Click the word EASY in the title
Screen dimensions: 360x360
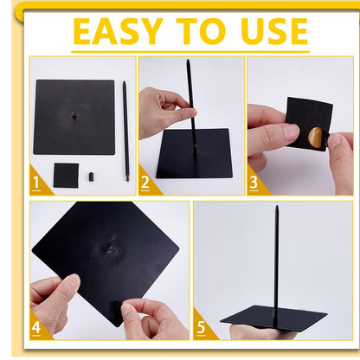click(119, 31)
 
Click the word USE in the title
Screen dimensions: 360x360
click(274, 31)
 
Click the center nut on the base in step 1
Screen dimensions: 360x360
click(74, 116)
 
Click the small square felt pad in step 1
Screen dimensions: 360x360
click(66, 176)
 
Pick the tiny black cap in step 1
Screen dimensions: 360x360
click(91, 177)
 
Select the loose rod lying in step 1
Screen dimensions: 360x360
click(125, 131)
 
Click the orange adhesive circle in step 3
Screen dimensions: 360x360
click(316, 138)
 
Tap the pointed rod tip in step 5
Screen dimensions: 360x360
click(277, 206)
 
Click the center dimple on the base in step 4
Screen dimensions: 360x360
click(111, 248)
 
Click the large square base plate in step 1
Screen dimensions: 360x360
click(74, 117)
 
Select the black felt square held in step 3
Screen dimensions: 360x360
click(309, 124)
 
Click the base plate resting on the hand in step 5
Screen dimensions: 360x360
click(273, 318)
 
